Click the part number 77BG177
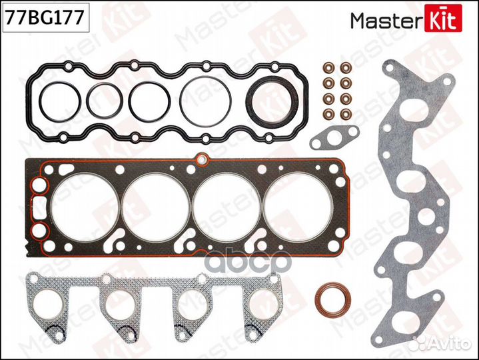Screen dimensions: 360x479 click(x=43, y=17)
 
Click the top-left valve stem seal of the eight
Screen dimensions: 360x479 click(x=328, y=69)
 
